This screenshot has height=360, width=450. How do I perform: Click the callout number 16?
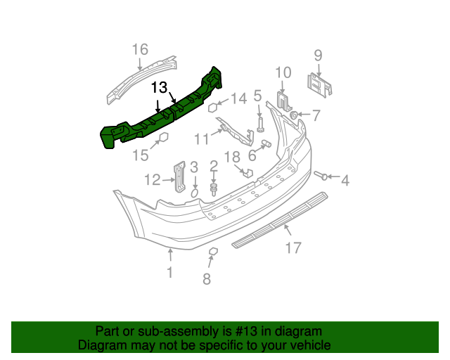click(140, 49)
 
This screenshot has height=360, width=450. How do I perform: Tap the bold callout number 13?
click(160, 87)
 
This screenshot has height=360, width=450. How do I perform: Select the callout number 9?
click(318, 55)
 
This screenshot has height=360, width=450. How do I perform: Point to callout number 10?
click(283, 72)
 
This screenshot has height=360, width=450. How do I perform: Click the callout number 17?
click(293, 247)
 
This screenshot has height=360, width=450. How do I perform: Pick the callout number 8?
click(206, 280)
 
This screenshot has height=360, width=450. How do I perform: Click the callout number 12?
click(153, 181)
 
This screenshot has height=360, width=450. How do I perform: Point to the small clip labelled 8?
click(213, 251)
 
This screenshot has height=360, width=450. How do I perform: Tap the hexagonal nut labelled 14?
click(212, 108)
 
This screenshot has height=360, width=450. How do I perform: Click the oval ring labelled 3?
click(195, 191)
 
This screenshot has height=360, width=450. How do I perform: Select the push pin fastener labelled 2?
click(214, 188)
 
